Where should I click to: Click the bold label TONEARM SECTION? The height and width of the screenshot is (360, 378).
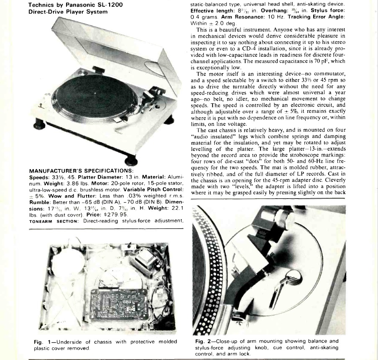[54, 221]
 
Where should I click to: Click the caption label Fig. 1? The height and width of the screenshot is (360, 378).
[42, 342]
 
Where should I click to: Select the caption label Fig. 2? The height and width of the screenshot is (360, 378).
[203, 342]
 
